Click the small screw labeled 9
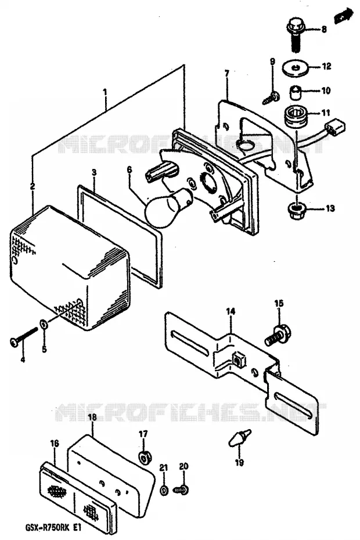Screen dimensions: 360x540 [271, 98]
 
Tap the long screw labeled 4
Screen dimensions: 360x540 [23, 336]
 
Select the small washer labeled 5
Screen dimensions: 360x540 [44, 324]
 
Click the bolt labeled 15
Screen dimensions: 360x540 [278, 335]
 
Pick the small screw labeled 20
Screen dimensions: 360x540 [180, 489]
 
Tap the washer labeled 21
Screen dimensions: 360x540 [164, 490]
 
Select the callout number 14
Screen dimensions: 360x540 [231, 311]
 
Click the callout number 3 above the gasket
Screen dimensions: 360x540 [94, 172]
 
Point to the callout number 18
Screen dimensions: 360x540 [92, 417]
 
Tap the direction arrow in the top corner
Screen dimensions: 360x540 [344, 16]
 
